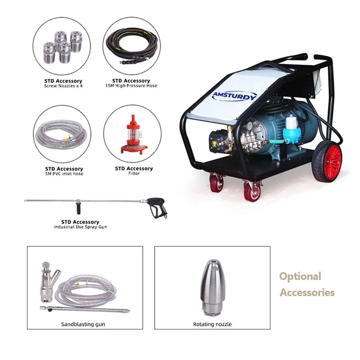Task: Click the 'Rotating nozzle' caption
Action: tap(212, 324)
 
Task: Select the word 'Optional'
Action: tap(300, 276)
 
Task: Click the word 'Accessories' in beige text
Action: tap(307, 292)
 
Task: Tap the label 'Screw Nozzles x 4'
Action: tap(63, 86)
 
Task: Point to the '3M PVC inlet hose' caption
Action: tap(63, 174)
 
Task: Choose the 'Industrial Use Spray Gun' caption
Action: tap(80, 227)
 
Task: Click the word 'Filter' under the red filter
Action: tap(134, 174)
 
